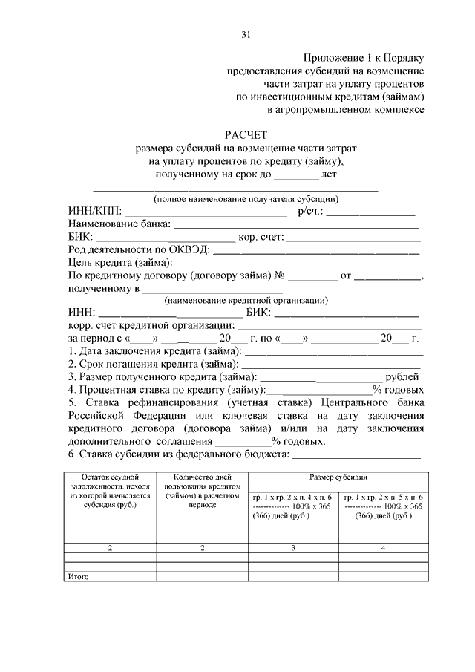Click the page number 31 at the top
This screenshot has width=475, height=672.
click(x=246, y=34)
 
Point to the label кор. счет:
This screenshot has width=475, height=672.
click(x=261, y=238)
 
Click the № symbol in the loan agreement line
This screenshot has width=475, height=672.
click(x=281, y=276)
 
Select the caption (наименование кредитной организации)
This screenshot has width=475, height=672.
click(x=246, y=301)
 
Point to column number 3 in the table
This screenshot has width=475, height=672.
click(x=293, y=548)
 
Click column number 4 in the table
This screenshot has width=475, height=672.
click(x=383, y=548)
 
